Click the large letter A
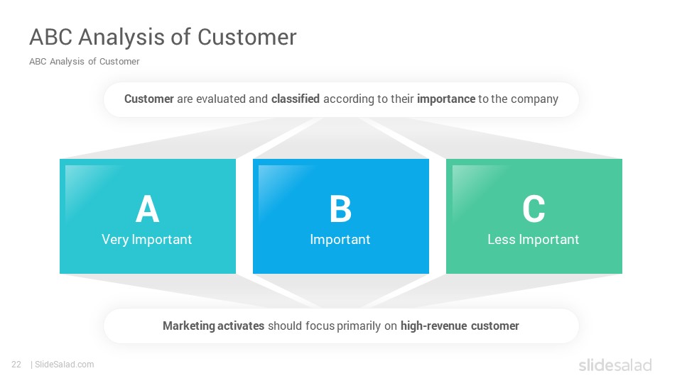point(148,209)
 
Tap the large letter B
point(340,209)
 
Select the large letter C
point(534,209)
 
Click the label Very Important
point(146,240)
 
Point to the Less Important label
point(534,239)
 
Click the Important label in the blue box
point(340,240)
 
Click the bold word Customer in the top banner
point(149,99)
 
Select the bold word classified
point(296,99)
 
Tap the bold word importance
point(446,99)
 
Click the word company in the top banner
point(534,99)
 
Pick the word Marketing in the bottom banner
point(189,326)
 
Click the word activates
point(241,326)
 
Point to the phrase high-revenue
point(433,326)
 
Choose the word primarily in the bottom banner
point(359,326)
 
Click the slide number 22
point(16,365)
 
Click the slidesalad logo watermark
point(615,365)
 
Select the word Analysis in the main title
point(121,38)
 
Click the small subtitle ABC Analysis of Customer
point(85,62)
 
